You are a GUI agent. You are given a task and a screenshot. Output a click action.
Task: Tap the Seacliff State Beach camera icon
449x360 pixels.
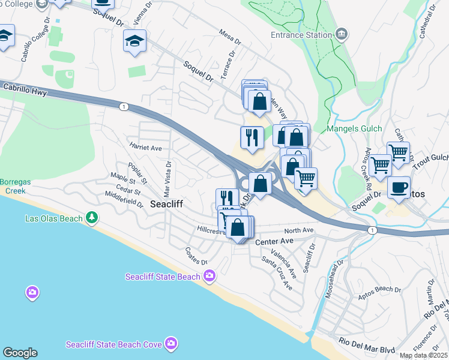209,276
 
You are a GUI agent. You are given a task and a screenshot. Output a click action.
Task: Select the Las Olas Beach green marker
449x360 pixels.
91,218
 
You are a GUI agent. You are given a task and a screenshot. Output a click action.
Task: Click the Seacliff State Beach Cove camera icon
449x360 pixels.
172,344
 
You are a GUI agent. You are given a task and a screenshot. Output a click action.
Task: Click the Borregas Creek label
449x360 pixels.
16,186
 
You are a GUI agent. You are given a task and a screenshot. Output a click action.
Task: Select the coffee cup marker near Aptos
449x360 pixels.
399,187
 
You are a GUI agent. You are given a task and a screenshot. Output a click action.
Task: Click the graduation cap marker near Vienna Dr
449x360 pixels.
134,41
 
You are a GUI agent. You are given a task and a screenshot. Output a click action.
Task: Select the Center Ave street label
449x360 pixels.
274,241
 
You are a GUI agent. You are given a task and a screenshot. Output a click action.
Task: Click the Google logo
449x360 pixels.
19,353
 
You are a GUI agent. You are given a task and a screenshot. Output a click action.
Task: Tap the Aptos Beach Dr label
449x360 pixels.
379,289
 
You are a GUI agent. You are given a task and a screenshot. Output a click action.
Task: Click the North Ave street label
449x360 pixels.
299,230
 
